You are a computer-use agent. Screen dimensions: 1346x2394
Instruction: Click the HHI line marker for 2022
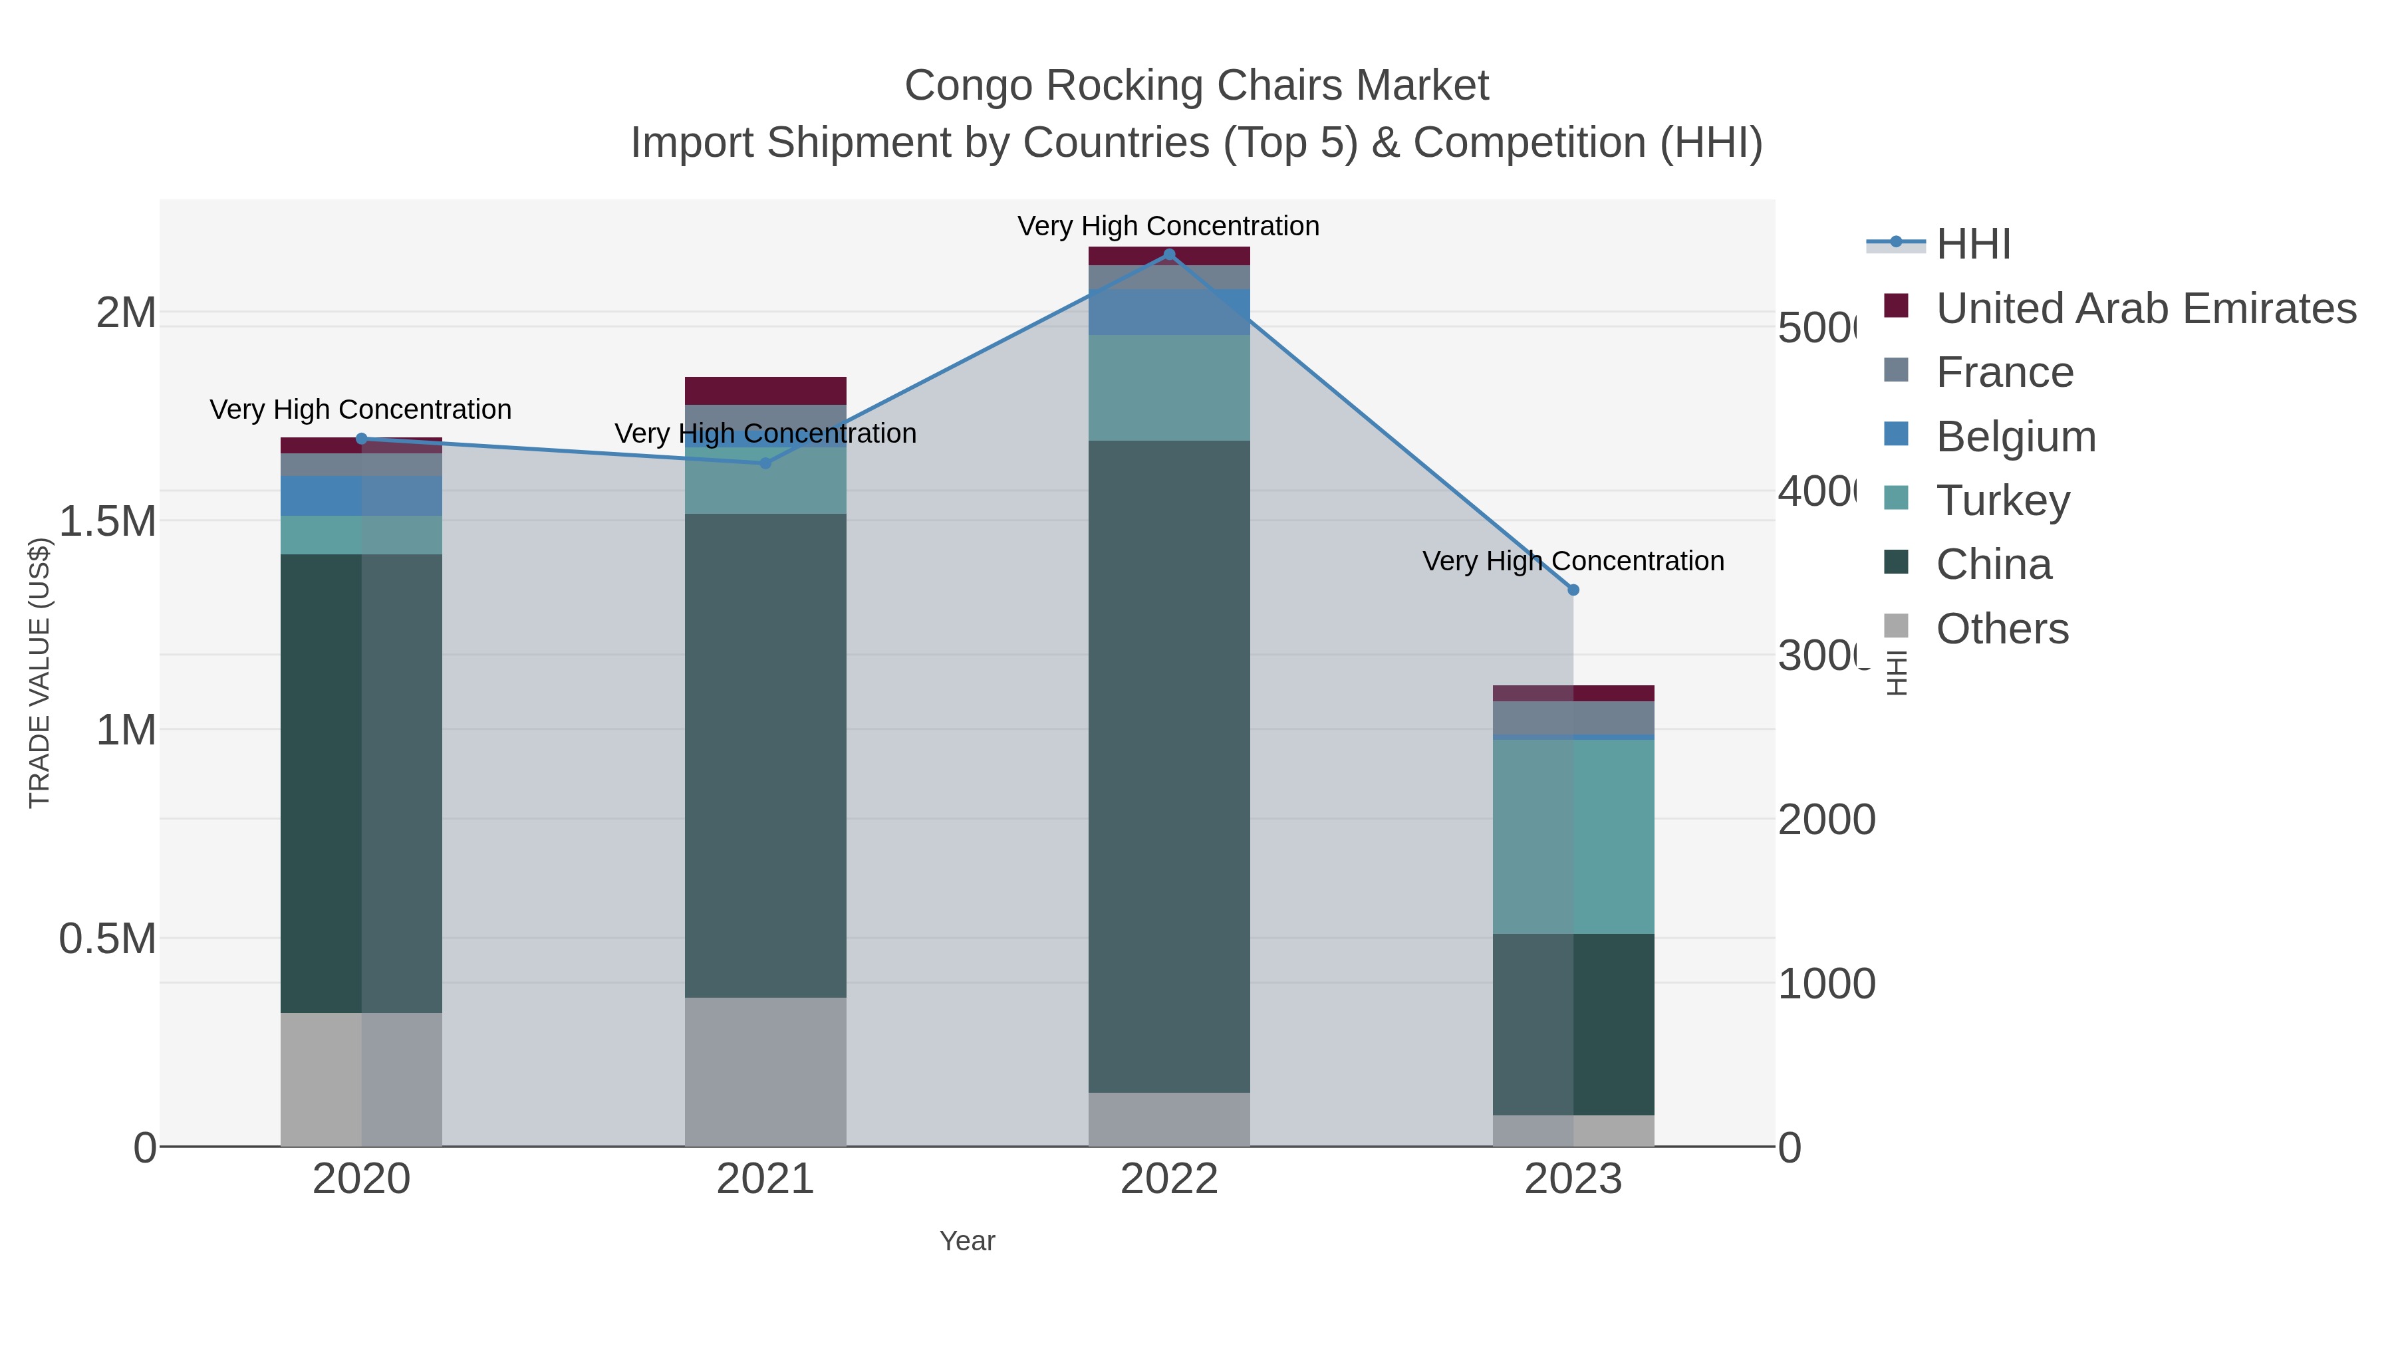[1169, 255]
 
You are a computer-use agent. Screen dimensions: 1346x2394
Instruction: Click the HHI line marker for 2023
[1573, 590]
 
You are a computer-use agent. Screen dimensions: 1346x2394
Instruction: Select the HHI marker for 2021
[766, 463]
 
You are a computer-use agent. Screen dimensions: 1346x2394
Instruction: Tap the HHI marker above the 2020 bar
[362, 439]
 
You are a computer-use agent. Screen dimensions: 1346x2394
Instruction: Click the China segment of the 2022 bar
[1169, 766]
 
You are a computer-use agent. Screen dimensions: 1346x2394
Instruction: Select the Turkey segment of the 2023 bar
[1573, 836]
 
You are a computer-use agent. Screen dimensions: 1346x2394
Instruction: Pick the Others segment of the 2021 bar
[766, 1072]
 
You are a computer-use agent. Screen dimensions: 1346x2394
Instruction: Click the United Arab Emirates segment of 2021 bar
[766, 390]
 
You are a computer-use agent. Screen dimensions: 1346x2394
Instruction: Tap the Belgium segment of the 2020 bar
[362, 496]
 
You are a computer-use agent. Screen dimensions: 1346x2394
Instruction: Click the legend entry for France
[2004, 372]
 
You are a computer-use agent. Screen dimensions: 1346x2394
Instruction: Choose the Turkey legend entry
[2003, 501]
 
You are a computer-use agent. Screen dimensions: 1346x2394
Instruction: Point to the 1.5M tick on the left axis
[108, 521]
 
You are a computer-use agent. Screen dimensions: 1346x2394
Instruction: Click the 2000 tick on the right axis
[1826, 820]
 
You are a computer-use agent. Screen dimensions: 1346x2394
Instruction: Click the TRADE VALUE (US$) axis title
[39, 673]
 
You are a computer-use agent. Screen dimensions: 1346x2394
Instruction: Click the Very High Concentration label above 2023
[1573, 561]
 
